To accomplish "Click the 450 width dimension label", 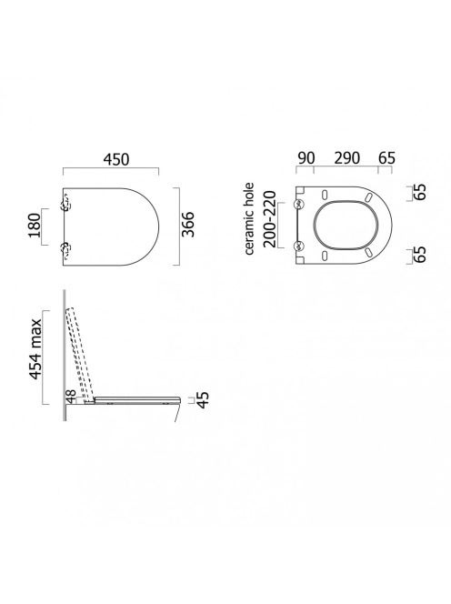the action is click(x=115, y=159).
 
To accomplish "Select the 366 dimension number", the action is click(x=189, y=224).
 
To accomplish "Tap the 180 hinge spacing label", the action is click(x=35, y=226).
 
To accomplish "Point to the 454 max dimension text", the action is click(x=36, y=349).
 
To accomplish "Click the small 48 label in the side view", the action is click(x=71, y=396).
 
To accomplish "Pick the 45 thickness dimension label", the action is click(x=203, y=399).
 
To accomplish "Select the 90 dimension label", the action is click(x=306, y=158).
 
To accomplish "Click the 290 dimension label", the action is click(x=347, y=158).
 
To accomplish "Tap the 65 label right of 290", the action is click(x=386, y=158).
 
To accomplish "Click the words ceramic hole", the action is click(x=249, y=218).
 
